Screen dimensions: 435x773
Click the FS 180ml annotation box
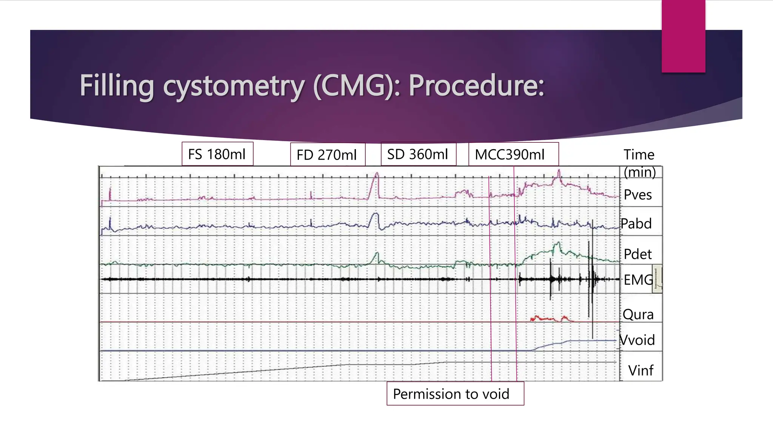click(x=217, y=154)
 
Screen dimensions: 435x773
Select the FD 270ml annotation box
click(x=327, y=155)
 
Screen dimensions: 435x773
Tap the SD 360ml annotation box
click(x=418, y=154)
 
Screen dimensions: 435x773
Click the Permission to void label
click(x=451, y=394)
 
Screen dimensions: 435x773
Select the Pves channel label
click(x=637, y=195)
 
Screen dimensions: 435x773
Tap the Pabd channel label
click(x=636, y=224)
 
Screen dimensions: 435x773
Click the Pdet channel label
click(x=637, y=254)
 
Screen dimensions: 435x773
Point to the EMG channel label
click(x=638, y=280)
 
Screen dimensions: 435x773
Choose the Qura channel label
click(x=638, y=314)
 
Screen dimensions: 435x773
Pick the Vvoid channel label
click(x=637, y=340)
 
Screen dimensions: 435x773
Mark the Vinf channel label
click(x=641, y=370)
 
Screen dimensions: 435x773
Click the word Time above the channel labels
click(x=639, y=154)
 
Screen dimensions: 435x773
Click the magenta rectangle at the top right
click(x=683, y=36)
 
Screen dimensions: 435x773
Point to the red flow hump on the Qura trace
click(x=544, y=319)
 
